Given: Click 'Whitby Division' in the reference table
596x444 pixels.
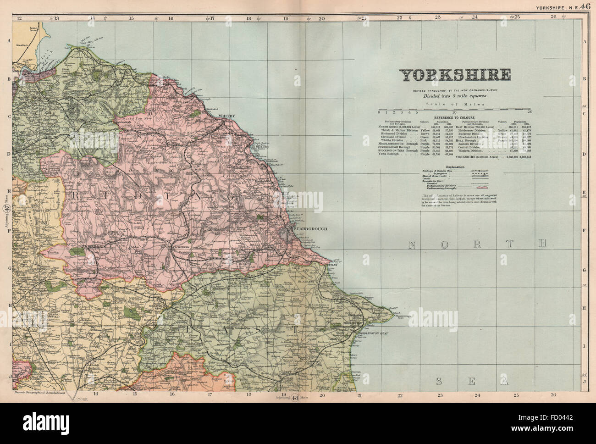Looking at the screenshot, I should click(391, 139).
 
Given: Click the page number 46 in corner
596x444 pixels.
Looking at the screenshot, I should click(585, 6).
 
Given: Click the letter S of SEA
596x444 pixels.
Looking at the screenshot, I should click(439, 381).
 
